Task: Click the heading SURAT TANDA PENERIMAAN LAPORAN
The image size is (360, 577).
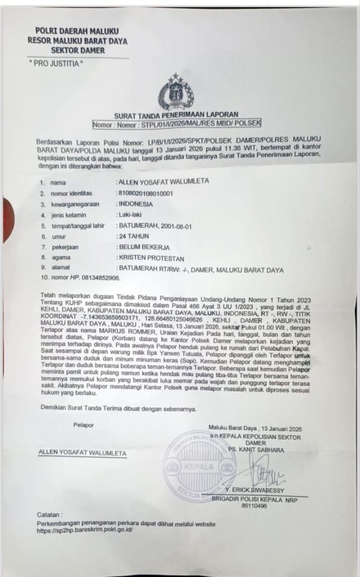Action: (176, 114)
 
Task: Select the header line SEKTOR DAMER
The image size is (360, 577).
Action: (77, 50)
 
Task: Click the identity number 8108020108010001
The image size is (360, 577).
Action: (144, 194)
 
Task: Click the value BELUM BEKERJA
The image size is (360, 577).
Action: (143, 247)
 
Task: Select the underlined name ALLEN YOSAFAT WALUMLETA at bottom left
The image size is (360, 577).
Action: (82, 452)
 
